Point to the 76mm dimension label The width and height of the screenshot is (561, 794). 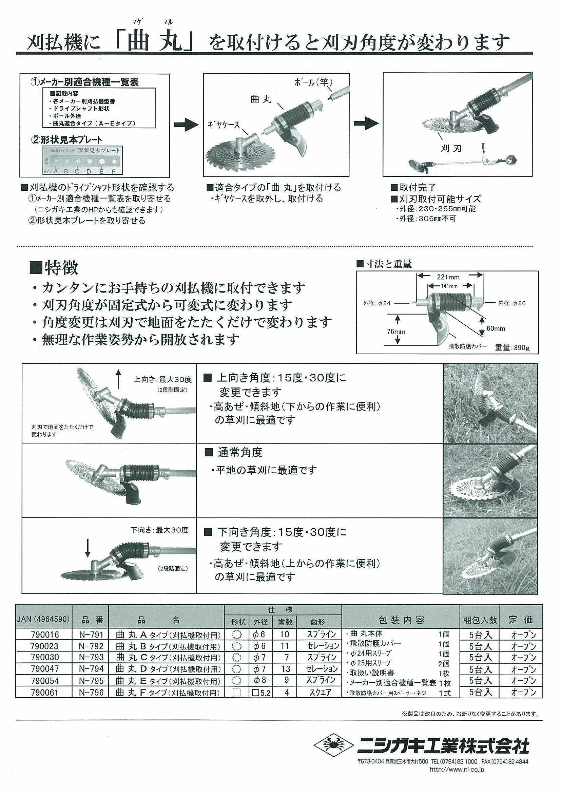click(x=396, y=332)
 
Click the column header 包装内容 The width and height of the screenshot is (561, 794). click(x=401, y=619)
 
